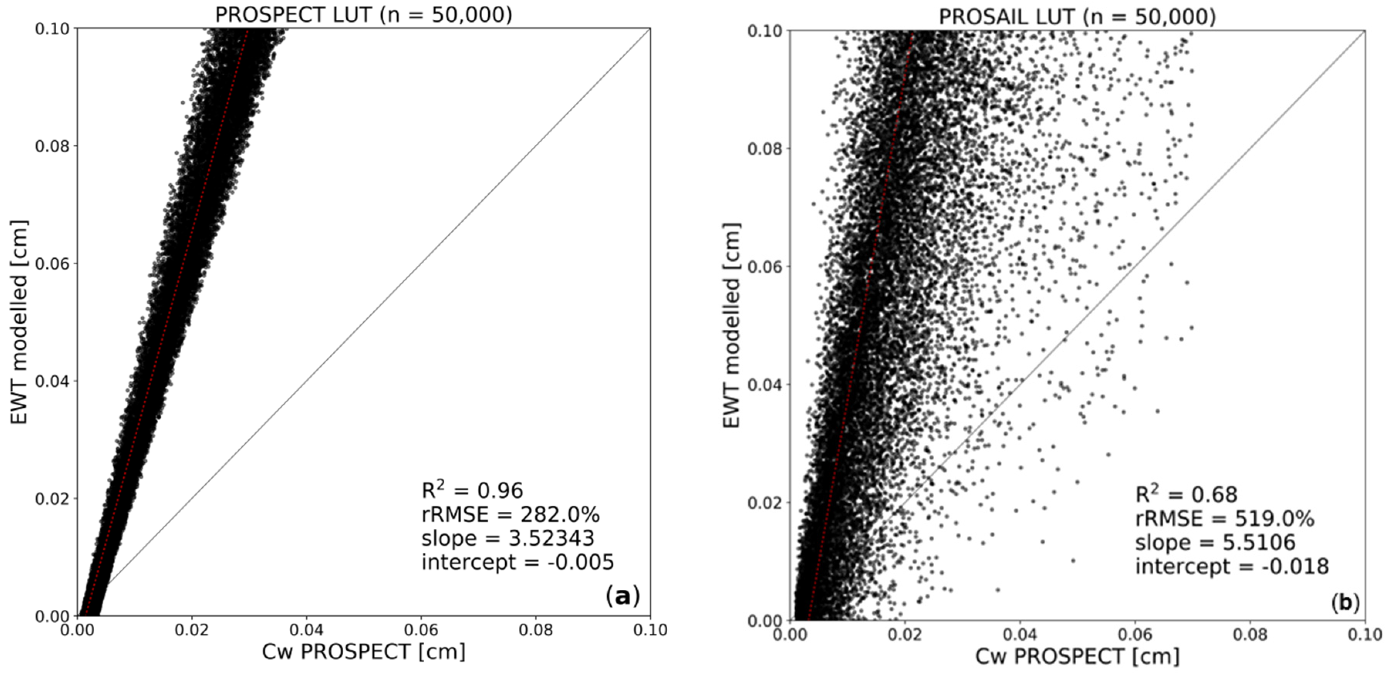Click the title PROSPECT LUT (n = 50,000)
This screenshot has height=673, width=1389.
click(x=363, y=15)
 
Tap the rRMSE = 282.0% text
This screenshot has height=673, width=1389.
click(x=510, y=514)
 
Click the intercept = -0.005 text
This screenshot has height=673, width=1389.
click(x=518, y=562)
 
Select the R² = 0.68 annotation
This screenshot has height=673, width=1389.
click(x=1186, y=494)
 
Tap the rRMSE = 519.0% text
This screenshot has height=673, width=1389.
click(x=1225, y=519)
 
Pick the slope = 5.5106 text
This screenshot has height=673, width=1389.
click(x=1215, y=543)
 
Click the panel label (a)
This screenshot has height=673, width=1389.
click(x=623, y=596)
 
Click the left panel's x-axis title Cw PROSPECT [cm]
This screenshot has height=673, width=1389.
click(x=363, y=652)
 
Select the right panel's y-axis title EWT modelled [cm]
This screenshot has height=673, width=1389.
click(x=731, y=325)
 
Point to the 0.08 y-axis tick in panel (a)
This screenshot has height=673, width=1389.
click(x=52, y=146)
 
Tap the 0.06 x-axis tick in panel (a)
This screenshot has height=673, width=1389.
click(x=421, y=630)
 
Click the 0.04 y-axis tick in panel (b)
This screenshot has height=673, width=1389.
click(x=765, y=385)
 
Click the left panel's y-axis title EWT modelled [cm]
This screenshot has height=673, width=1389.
click(x=19, y=322)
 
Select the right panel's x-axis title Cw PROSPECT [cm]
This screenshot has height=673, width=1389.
click(x=1077, y=656)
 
